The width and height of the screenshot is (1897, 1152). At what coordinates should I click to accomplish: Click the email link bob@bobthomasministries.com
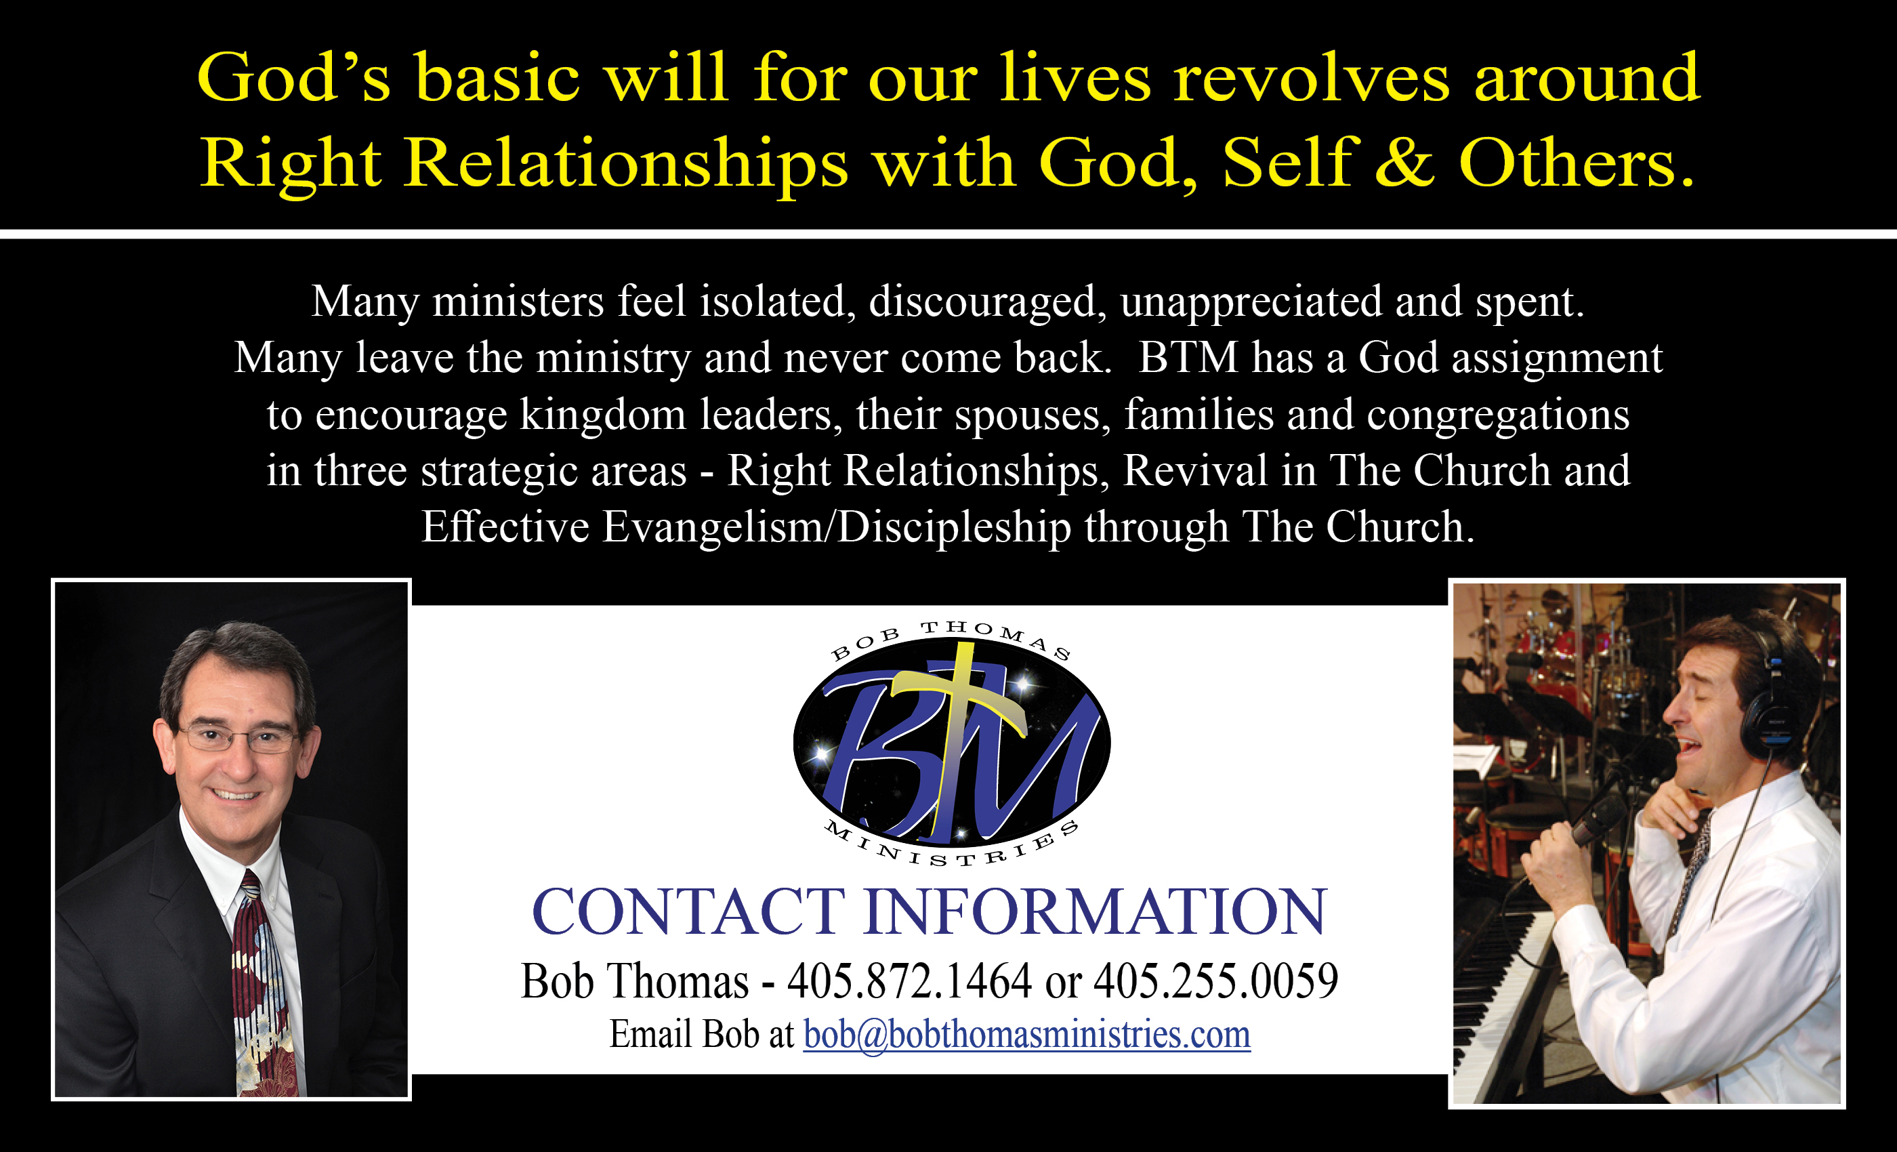(1027, 1034)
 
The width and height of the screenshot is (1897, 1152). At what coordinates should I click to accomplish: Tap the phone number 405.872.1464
(909, 981)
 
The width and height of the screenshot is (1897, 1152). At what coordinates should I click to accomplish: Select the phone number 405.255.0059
(1215, 981)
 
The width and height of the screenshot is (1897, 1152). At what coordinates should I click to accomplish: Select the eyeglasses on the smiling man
(238, 738)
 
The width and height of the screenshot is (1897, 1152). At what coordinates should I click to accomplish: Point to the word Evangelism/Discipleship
(837, 527)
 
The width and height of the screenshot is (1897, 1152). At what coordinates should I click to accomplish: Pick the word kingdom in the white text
(603, 416)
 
